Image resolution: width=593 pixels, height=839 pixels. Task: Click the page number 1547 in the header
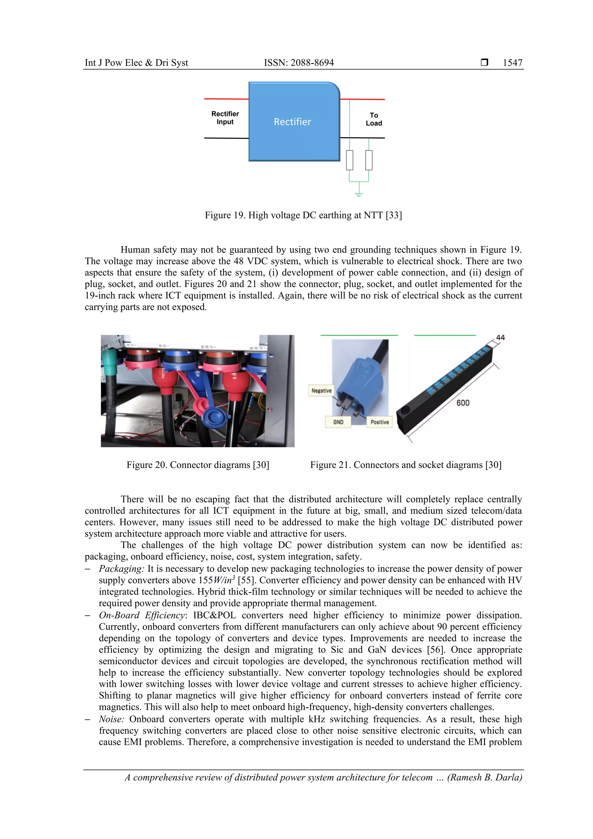click(512, 63)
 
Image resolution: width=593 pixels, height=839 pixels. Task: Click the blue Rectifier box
click(292, 122)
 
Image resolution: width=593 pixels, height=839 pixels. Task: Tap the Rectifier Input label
click(225, 118)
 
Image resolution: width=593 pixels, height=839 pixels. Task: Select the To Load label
click(374, 119)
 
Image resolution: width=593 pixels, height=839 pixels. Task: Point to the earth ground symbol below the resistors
click(358, 194)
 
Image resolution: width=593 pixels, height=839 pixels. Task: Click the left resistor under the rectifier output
click(350, 160)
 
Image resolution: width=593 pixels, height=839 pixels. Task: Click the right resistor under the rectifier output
click(369, 160)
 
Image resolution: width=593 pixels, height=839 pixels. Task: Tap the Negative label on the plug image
click(321, 391)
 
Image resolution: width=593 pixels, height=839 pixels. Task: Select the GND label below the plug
click(338, 422)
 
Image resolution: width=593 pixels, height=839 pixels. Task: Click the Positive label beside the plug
click(379, 422)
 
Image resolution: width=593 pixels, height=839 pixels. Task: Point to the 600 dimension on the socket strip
click(463, 403)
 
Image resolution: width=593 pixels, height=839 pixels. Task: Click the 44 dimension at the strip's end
click(500, 338)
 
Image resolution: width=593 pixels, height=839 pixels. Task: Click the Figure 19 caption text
click(303, 215)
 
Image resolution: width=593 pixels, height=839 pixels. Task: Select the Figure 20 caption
click(198, 465)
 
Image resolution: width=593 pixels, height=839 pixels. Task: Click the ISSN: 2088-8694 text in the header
click(299, 63)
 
